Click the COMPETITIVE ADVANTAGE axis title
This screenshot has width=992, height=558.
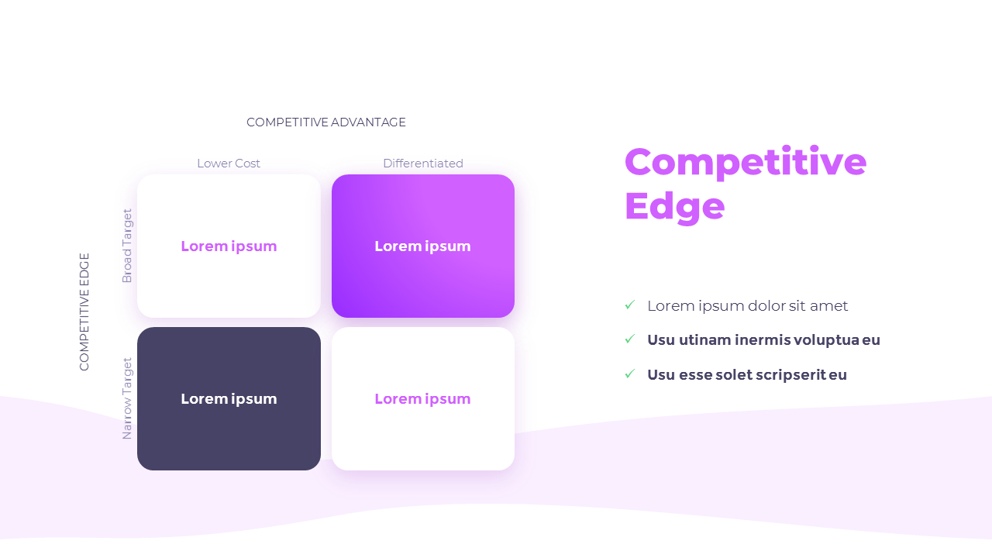325,122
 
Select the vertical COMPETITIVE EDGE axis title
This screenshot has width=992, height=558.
84,312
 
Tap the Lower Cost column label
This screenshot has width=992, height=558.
229,164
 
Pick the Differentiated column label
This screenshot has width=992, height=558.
423,164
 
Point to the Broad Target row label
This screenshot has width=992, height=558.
127,246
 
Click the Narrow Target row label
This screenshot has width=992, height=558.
127,398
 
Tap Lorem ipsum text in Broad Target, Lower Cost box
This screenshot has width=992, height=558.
229,246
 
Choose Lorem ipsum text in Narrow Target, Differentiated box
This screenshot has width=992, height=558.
423,399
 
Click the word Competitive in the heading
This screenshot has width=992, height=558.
745,162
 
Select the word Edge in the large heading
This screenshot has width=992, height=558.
674,206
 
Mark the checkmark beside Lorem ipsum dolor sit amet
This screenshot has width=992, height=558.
630,305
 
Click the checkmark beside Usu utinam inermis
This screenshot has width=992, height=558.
630,339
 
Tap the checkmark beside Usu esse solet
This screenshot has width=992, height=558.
630,374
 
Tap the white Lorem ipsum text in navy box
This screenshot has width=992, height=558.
229,399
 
